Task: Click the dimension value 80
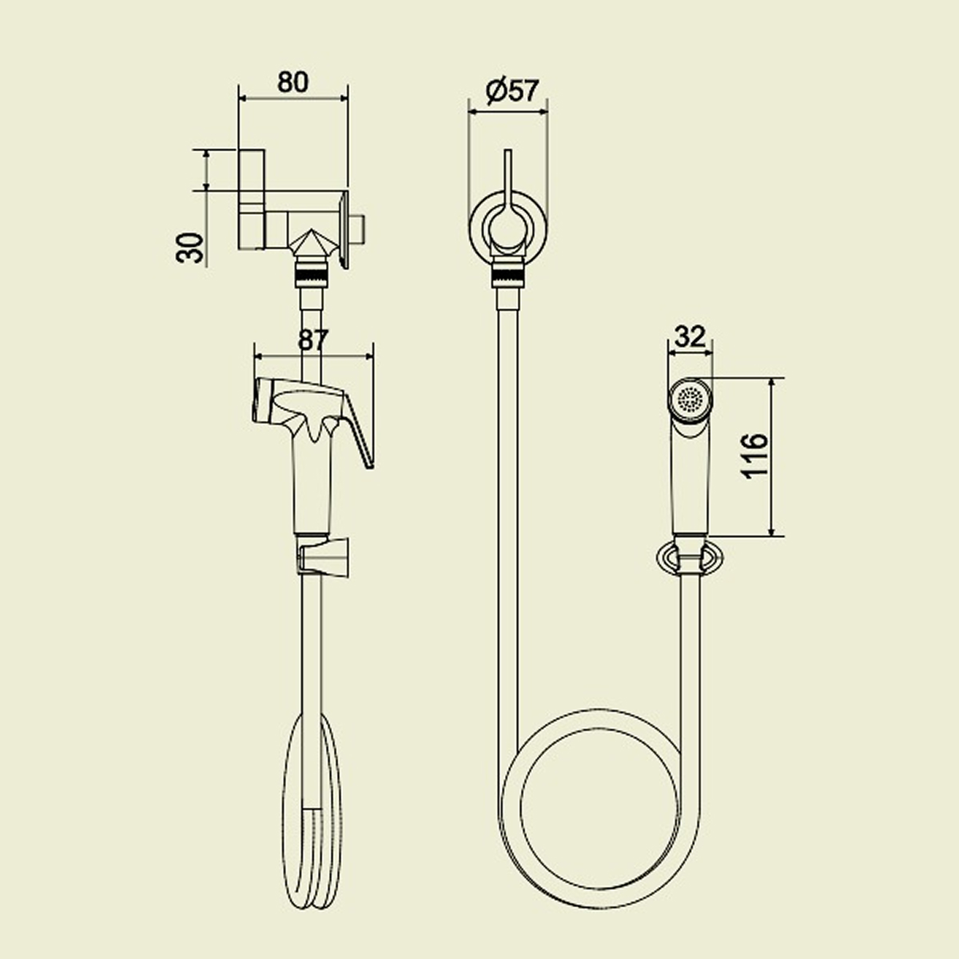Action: pos(292,82)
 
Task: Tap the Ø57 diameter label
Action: pos(511,91)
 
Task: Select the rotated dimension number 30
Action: pos(190,248)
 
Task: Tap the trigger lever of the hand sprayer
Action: pos(359,429)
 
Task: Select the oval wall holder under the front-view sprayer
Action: pos(690,558)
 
